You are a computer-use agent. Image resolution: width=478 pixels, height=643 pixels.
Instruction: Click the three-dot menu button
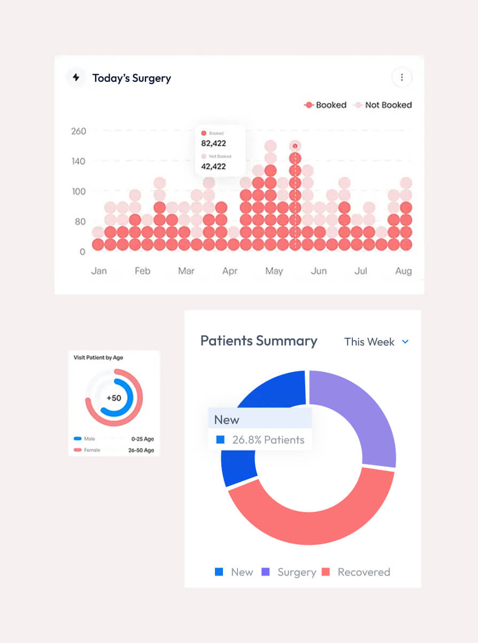tap(402, 78)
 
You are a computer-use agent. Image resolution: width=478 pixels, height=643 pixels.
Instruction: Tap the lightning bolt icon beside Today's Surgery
tap(76, 78)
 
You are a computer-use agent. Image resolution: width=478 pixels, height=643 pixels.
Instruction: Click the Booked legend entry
tap(326, 105)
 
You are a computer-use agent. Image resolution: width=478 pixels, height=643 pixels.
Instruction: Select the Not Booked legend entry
tap(383, 105)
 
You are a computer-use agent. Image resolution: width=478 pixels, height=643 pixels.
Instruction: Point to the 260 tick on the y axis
tap(79, 131)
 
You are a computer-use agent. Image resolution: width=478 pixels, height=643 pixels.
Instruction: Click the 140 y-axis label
tap(79, 161)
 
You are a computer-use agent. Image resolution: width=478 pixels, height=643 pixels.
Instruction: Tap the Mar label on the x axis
tap(186, 271)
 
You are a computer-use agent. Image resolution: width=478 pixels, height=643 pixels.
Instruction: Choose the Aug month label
tap(403, 271)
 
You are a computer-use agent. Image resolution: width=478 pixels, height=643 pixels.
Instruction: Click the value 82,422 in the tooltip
tap(213, 143)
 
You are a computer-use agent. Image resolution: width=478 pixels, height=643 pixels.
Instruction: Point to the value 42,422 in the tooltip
tap(213, 166)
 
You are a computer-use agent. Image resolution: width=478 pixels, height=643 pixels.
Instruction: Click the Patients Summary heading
tap(259, 341)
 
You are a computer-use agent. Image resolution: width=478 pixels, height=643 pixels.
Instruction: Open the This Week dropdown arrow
tap(405, 342)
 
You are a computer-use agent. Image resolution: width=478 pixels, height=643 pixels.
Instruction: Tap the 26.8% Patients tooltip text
tap(268, 440)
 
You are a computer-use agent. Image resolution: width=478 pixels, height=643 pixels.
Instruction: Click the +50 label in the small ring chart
tap(113, 398)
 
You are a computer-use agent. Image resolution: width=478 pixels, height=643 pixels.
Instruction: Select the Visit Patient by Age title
tap(98, 358)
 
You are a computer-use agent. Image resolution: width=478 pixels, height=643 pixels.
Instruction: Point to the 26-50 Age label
tap(141, 450)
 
